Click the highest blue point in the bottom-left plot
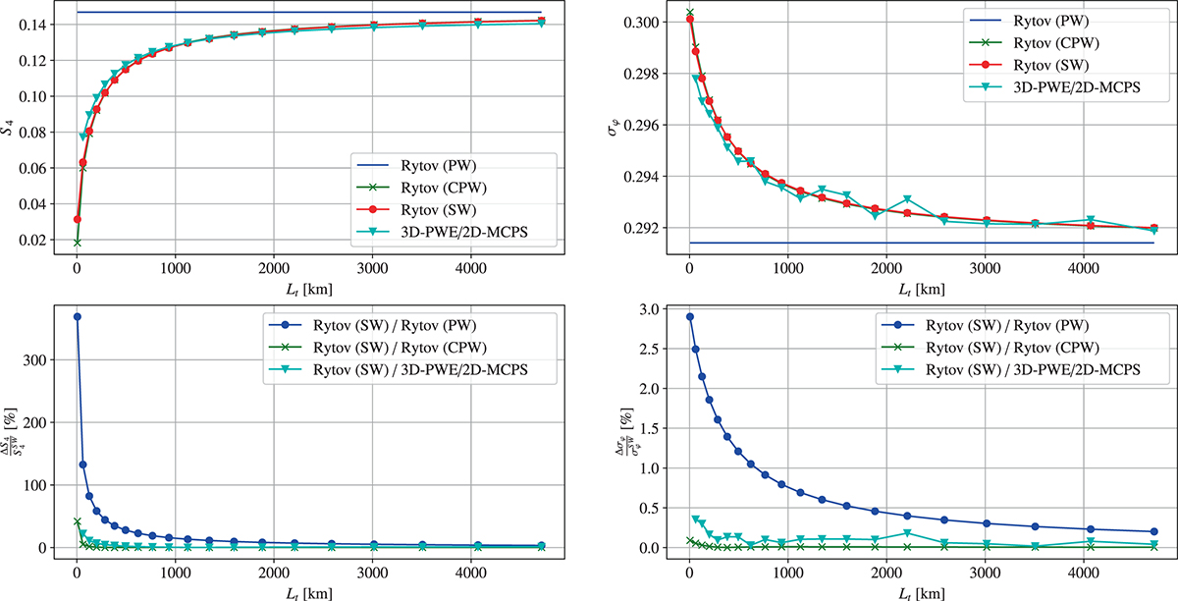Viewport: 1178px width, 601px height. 77,316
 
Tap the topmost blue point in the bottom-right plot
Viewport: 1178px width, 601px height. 689,316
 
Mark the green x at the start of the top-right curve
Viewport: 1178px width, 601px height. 689,12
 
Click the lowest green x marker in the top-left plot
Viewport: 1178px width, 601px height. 77,242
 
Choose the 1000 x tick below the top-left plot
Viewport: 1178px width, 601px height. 175,262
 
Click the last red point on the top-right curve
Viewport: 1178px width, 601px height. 1153,228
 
